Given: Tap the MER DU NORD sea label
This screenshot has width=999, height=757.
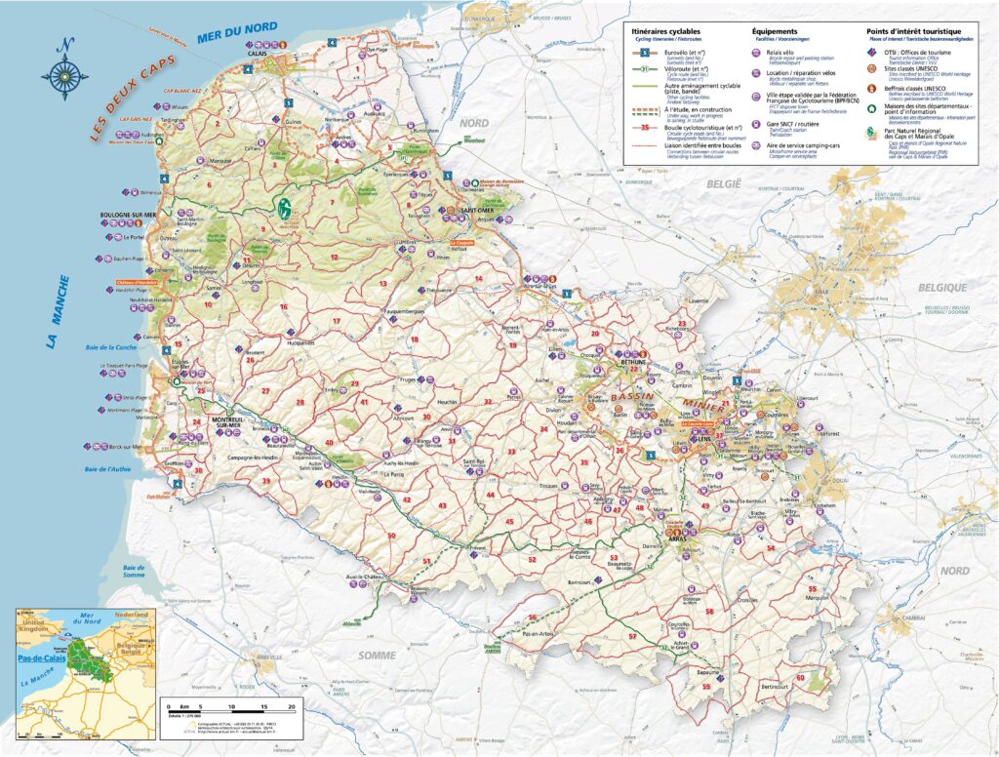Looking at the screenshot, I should tap(236, 32).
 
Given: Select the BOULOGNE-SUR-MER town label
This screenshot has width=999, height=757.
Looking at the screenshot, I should tap(121, 215).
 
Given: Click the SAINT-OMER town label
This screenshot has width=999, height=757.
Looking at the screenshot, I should tap(477, 210).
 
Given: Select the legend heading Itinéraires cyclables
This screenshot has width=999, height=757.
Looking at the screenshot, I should tap(666, 31).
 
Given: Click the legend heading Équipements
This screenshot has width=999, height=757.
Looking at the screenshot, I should tap(773, 31).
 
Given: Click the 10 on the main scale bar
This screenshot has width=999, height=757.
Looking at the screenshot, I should tap(232, 704).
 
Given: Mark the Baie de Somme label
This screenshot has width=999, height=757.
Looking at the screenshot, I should tap(134, 572).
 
